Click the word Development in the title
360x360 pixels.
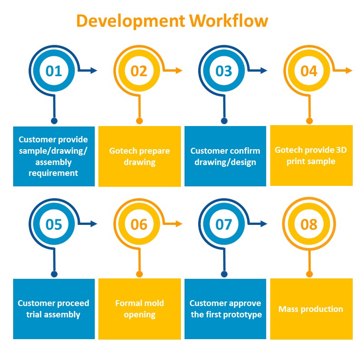click(131, 21)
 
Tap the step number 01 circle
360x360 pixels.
click(54, 70)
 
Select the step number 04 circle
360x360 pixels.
click(309, 71)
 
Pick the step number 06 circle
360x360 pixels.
click(139, 224)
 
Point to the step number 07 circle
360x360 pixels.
click(224, 224)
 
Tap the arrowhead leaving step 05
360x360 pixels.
click(94, 224)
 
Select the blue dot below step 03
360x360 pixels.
click(224, 121)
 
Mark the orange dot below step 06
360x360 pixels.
click(139, 274)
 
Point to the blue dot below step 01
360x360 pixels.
click(54, 121)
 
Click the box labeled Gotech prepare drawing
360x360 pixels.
click(139, 156)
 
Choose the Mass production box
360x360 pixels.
click(311, 309)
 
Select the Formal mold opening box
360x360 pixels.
click(139, 309)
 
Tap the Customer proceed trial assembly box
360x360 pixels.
click(54, 309)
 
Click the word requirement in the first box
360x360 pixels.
click(54, 173)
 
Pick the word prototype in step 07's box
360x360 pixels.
click(243, 314)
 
